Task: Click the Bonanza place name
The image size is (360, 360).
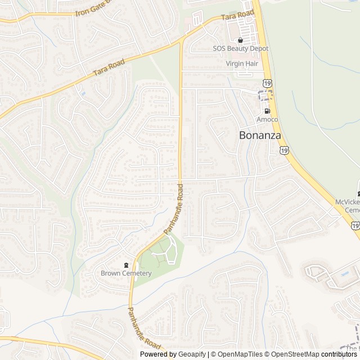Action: pos(259,135)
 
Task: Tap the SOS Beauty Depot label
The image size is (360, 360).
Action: pos(241,49)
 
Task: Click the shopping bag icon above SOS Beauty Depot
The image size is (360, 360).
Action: pos(240,40)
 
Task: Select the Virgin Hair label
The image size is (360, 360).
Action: pos(242,64)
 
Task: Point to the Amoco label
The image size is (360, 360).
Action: pos(267,119)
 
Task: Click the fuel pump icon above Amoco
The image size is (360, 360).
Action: pos(267,111)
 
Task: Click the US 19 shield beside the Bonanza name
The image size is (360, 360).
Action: pos(285,150)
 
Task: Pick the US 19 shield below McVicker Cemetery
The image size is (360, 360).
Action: pos(355,225)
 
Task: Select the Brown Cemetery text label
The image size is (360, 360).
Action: pos(126,273)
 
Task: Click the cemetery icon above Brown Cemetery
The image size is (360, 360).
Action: pos(126,265)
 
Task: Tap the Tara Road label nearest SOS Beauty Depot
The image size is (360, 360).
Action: pos(238,16)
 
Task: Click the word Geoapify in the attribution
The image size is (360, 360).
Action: pos(192,354)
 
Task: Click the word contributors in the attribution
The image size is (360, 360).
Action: pos(340,354)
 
